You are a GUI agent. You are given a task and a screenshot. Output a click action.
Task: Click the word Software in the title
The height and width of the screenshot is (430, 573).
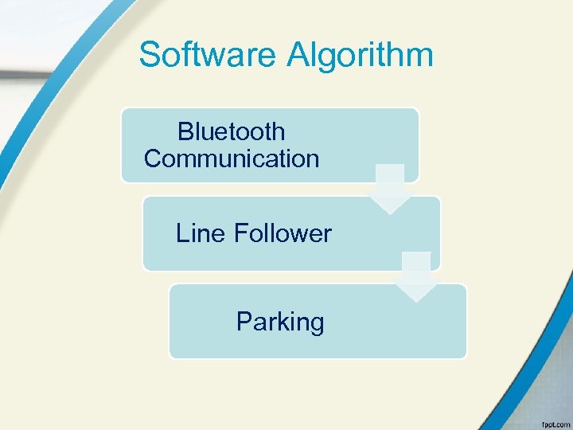point(209,55)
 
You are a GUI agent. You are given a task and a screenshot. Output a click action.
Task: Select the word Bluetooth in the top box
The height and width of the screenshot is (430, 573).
point(231,131)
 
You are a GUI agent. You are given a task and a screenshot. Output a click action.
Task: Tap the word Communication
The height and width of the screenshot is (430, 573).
point(232,158)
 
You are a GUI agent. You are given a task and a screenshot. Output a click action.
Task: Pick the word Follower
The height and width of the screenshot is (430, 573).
point(283,233)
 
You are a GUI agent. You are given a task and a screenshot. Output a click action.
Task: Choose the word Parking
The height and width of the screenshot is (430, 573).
point(280,322)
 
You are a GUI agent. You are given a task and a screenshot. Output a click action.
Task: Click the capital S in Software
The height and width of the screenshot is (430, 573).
point(150,55)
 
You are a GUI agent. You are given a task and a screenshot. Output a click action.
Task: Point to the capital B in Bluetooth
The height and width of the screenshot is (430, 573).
point(185,131)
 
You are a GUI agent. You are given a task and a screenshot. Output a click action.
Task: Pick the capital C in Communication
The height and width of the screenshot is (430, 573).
point(153,158)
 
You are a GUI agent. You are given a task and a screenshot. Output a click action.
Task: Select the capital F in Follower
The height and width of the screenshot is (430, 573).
point(240,233)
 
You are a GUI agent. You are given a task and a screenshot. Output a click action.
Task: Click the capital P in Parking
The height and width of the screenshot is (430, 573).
point(243,322)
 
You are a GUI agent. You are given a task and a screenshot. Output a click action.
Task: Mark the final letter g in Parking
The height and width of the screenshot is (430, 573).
point(317,324)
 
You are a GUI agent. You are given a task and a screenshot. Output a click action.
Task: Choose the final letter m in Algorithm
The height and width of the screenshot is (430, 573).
point(422,56)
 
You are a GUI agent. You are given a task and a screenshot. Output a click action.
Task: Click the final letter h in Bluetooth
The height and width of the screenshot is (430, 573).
point(279,131)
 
